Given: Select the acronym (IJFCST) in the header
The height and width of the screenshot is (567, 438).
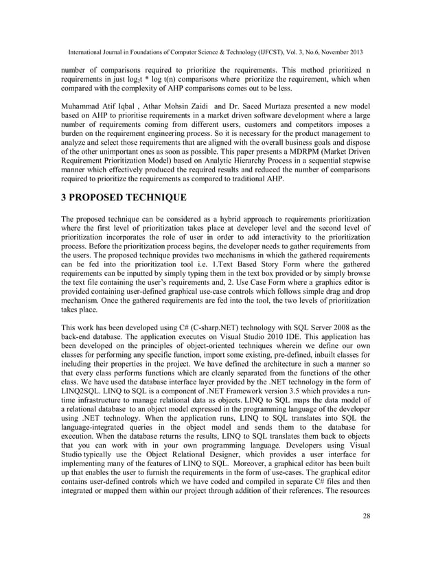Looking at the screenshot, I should pos(258,52).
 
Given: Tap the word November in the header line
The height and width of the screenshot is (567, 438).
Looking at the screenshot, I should pos(325,52).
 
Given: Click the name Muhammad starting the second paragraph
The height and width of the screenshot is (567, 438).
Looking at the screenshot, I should pos(84,108).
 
